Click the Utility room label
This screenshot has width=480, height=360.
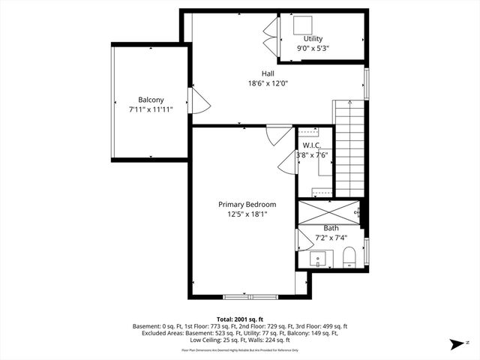(x=313, y=38)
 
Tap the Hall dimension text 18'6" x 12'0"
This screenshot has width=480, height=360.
(x=268, y=83)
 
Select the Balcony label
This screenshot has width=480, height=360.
(x=151, y=100)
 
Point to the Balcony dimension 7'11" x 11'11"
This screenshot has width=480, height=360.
(x=150, y=109)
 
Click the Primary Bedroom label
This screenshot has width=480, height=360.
(x=247, y=204)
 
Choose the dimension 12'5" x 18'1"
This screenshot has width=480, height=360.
(x=247, y=214)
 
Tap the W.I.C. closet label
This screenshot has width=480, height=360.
(x=312, y=145)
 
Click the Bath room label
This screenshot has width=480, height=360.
(x=331, y=228)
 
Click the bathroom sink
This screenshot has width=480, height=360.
(x=318, y=260)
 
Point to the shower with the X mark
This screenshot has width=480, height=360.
(x=328, y=209)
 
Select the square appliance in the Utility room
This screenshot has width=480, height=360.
(x=304, y=24)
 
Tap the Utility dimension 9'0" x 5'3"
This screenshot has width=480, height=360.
(x=313, y=48)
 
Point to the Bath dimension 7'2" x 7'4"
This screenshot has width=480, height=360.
(x=331, y=238)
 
